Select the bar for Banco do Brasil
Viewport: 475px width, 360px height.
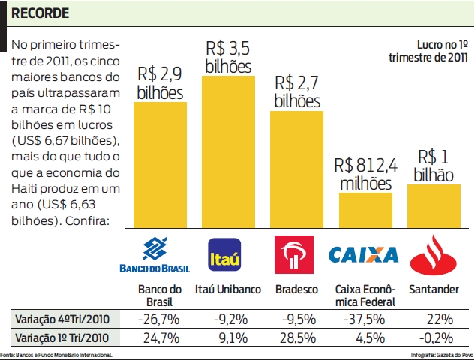[x=160, y=165]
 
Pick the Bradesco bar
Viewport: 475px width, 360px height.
[x=296, y=169]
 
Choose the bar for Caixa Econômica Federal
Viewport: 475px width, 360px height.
[x=365, y=210]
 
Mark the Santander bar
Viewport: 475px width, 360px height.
[x=434, y=206]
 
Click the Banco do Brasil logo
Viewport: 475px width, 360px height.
[x=155, y=254]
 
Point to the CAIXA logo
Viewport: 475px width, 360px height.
[x=364, y=255]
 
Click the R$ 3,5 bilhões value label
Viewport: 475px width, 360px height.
[x=227, y=57]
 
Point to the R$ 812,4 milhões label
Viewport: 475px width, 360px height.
[x=365, y=173]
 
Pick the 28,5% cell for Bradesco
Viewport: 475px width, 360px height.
[x=297, y=337]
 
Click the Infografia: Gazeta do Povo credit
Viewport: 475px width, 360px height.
[x=442, y=354]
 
